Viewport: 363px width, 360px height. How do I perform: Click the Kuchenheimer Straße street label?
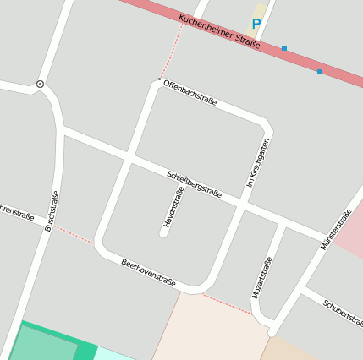[219, 34]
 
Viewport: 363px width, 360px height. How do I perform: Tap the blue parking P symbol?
[256, 25]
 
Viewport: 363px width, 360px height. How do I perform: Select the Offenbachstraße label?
[190, 93]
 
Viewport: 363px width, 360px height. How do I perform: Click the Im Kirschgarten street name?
[257, 162]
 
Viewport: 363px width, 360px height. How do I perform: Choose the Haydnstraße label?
[173, 209]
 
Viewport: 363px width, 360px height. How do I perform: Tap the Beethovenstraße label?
[149, 272]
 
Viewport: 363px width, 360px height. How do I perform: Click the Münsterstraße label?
[335, 229]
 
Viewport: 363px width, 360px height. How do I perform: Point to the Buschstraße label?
[52, 211]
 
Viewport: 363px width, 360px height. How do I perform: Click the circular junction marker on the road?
[40, 85]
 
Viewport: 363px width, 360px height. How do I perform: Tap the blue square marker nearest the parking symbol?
[284, 48]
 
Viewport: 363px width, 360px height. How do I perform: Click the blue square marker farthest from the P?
[320, 72]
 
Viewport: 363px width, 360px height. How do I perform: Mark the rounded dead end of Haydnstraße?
[163, 232]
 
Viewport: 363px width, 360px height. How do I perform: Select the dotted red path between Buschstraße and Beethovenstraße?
[74, 234]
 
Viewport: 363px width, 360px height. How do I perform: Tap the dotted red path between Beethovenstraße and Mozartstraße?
[228, 304]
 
